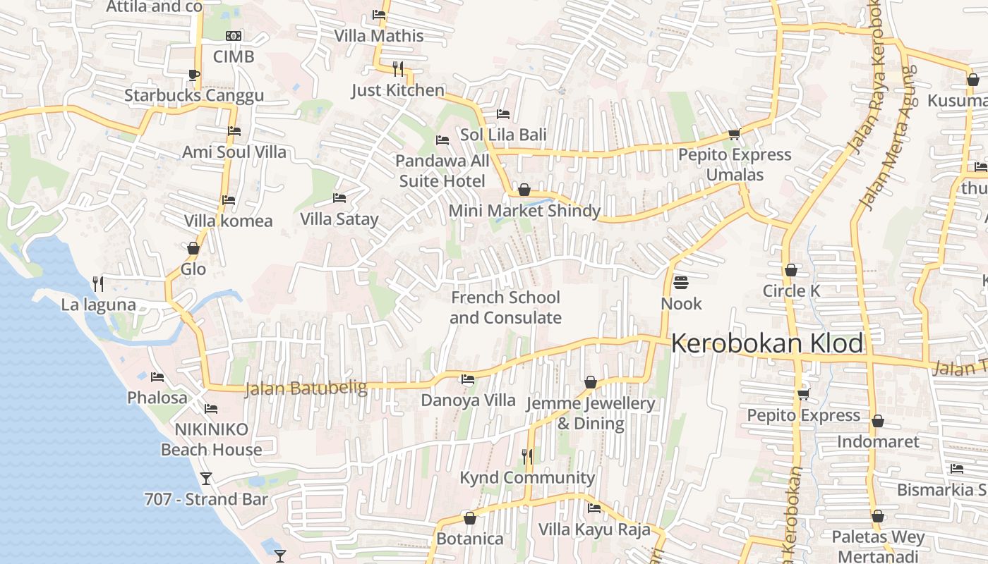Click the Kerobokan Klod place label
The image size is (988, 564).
click(x=767, y=343)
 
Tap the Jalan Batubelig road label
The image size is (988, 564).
click(x=306, y=388)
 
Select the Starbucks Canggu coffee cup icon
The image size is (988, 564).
click(x=194, y=75)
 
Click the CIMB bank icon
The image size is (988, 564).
click(x=234, y=36)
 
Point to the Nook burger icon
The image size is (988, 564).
click(x=681, y=283)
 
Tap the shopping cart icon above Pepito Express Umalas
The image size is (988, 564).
click(x=734, y=134)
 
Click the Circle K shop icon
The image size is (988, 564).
click(x=791, y=270)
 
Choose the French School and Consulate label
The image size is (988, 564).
click(x=505, y=307)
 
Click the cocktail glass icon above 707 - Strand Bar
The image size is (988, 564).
click(x=206, y=479)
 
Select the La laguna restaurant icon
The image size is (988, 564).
click(x=98, y=284)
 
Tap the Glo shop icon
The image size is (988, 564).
click(x=193, y=248)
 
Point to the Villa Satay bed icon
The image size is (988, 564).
click(x=339, y=198)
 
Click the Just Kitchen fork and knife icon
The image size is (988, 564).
click(x=398, y=69)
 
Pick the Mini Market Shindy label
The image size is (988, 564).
click(x=524, y=211)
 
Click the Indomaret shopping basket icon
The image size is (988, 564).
click(x=878, y=421)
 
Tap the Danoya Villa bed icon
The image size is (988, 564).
click(x=468, y=379)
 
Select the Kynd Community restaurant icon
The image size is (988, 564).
click(x=527, y=457)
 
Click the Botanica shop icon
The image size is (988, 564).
click(x=470, y=518)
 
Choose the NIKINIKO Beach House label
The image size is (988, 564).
click(x=211, y=439)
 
